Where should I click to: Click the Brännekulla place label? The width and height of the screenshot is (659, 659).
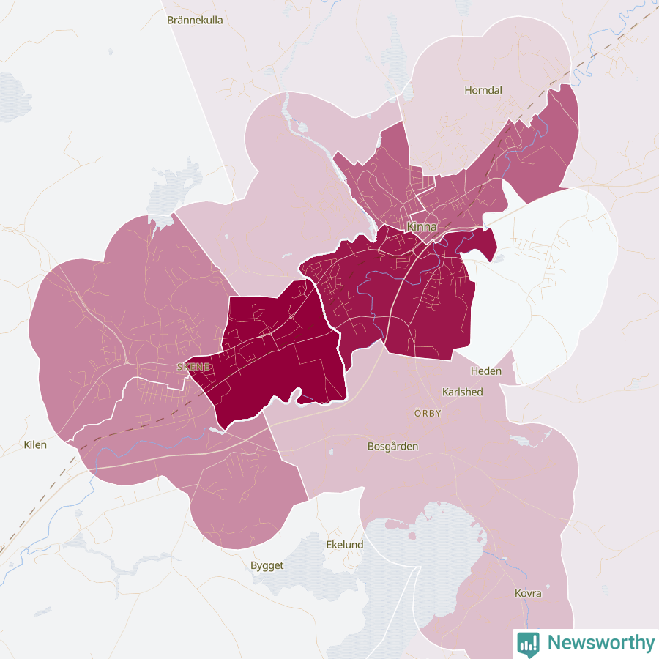195,20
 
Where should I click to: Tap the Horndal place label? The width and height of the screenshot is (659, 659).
483,91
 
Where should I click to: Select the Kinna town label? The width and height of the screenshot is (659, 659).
422,226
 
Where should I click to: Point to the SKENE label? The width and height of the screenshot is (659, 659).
193,366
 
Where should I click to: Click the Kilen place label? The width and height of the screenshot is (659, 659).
35,444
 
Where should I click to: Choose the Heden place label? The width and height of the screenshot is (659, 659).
486,371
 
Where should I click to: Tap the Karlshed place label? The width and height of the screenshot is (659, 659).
463,392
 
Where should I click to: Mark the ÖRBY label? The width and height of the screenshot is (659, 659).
428,413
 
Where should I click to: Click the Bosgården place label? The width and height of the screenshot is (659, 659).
392,445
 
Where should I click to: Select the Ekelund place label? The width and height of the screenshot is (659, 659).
344,545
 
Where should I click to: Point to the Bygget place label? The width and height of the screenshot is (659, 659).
267,565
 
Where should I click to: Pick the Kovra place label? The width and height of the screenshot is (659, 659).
528,593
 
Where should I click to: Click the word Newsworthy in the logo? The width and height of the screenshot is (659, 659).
600,643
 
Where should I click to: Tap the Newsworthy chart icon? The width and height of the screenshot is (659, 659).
528,643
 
